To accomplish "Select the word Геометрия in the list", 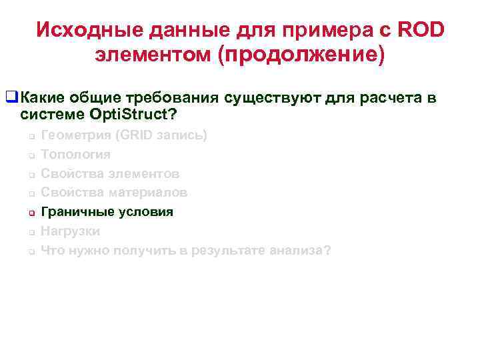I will [75, 135].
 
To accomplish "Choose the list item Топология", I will [75, 155].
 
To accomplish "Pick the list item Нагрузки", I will [70, 232].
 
